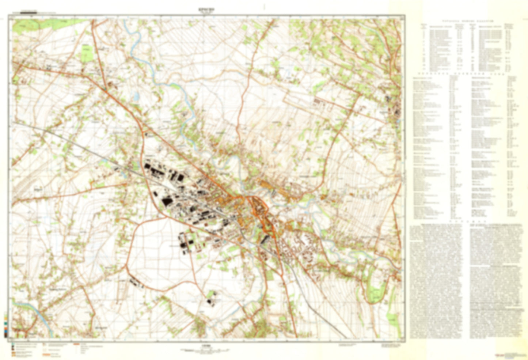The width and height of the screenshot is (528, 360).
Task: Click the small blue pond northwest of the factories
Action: click(137, 96)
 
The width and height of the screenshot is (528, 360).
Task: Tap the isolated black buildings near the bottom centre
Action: click(210, 298)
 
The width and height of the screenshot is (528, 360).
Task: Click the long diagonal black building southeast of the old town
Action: click(266, 239)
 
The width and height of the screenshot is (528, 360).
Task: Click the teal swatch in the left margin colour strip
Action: click(5, 324)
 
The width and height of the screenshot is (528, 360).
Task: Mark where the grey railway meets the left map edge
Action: click(13, 123)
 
